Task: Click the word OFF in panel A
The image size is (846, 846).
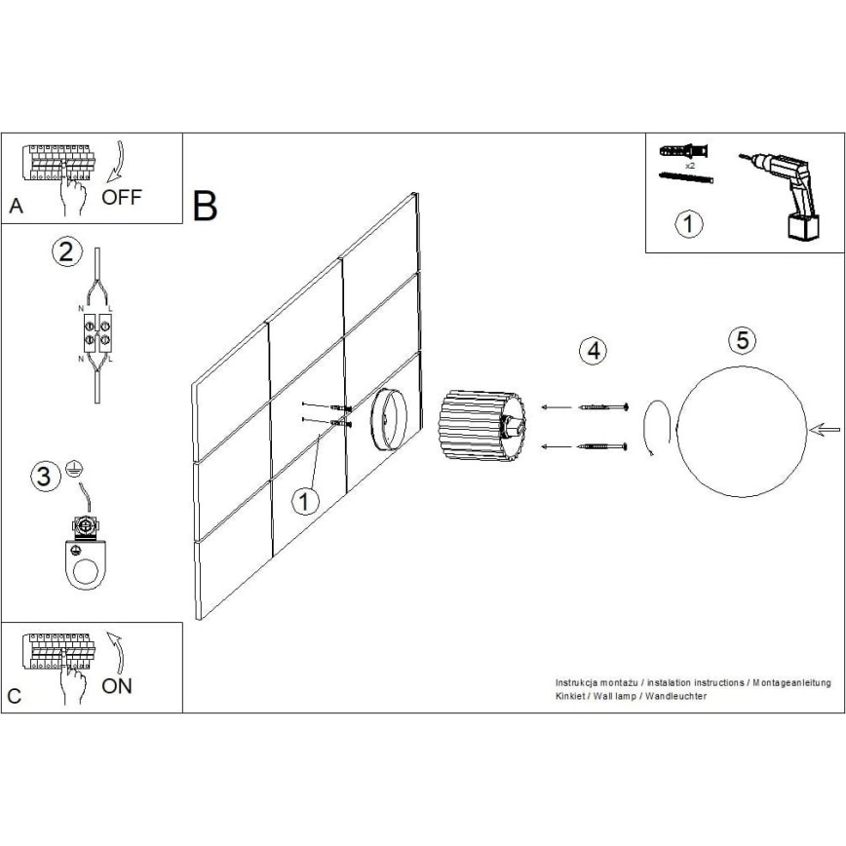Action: (122, 198)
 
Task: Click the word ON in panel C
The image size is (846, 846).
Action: (117, 685)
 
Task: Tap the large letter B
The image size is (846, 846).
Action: (206, 206)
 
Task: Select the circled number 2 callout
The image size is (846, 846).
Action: (65, 252)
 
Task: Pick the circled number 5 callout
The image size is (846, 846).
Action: (743, 340)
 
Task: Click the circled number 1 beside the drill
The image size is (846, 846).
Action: (688, 224)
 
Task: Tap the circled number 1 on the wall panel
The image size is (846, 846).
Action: (305, 501)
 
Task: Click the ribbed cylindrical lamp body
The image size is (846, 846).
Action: (478, 427)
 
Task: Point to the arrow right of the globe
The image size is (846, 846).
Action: (827, 430)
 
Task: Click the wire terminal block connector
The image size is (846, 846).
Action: (95, 331)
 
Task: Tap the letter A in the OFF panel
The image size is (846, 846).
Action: (15, 207)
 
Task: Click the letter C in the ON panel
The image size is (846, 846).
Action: (15, 698)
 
